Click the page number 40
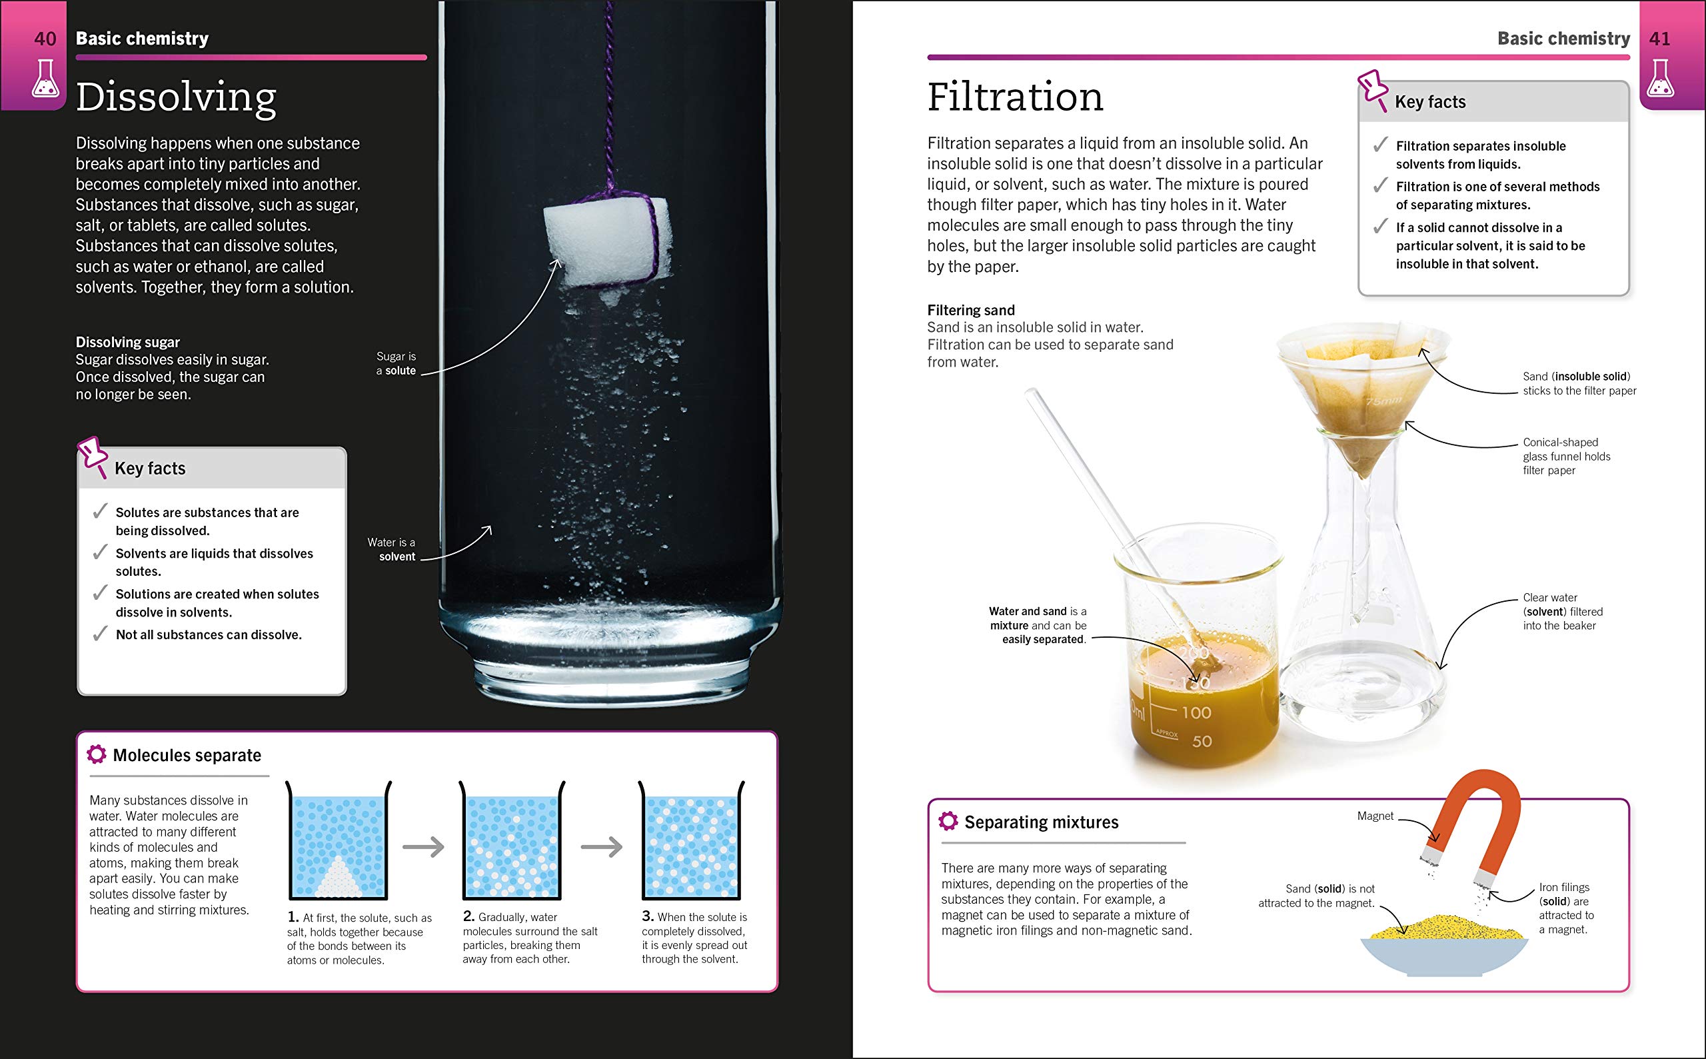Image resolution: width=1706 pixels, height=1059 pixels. [45, 39]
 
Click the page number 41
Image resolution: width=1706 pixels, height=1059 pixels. [1659, 39]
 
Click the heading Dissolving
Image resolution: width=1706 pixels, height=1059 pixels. [176, 97]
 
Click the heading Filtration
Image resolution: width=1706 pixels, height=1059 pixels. [1015, 97]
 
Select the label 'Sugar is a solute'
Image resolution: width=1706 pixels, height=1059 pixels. [397, 363]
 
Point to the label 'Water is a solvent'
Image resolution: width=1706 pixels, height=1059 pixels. [393, 549]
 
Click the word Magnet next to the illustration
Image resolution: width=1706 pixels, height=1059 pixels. [1375, 816]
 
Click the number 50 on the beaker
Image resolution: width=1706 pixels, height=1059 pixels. [1202, 741]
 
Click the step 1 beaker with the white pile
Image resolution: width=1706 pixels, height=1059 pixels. [339, 844]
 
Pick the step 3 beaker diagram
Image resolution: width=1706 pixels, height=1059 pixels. [691, 844]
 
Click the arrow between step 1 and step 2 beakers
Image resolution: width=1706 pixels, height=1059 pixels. [424, 847]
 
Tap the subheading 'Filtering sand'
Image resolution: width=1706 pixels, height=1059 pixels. [971, 310]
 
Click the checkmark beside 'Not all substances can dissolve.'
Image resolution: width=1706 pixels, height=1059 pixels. [101, 634]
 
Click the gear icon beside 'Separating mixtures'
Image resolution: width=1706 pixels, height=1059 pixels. [948, 821]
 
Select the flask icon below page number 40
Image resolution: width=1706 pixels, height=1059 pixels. [45, 79]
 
